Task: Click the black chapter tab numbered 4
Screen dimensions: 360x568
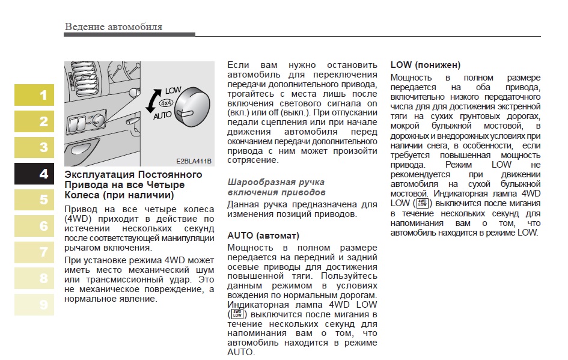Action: click(x=34, y=174)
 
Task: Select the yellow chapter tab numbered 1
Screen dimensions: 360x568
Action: click(x=34, y=95)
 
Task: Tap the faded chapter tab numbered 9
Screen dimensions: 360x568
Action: click(x=34, y=305)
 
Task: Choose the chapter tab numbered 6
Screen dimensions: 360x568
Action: click(x=34, y=226)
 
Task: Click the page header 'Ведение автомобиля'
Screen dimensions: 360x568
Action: click(x=113, y=27)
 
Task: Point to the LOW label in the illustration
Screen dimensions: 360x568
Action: click(x=173, y=90)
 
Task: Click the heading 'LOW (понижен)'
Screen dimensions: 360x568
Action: click(x=425, y=65)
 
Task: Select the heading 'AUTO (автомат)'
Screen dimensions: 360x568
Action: click(x=263, y=235)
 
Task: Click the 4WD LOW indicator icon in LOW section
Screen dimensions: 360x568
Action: click(x=423, y=203)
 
